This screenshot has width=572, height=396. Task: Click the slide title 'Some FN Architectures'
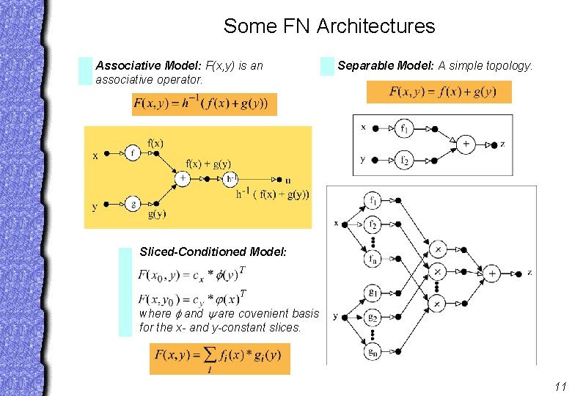(x=329, y=27)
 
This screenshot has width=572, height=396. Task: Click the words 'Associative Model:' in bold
(x=149, y=65)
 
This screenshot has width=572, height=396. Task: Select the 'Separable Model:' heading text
(x=386, y=65)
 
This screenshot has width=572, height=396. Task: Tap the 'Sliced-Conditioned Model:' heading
(x=213, y=252)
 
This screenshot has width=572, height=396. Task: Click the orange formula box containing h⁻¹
(x=203, y=103)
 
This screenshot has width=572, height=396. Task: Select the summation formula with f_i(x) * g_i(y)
(x=219, y=359)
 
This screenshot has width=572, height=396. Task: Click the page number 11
(x=560, y=386)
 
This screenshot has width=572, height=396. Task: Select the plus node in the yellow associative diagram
(x=183, y=177)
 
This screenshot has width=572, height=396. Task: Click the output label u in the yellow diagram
(x=287, y=180)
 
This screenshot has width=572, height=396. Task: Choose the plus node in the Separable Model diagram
(x=466, y=144)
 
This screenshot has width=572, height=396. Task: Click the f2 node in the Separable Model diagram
(x=404, y=158)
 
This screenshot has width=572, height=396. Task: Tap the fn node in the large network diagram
(x=373, y=260)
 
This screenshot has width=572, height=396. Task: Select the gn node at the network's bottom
(x=373, y=351)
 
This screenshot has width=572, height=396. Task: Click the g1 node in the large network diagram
(x=373, y=294)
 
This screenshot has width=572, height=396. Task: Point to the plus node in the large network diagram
(x=492, y=273)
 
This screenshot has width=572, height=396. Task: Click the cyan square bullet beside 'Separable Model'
(x=327, y=67)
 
